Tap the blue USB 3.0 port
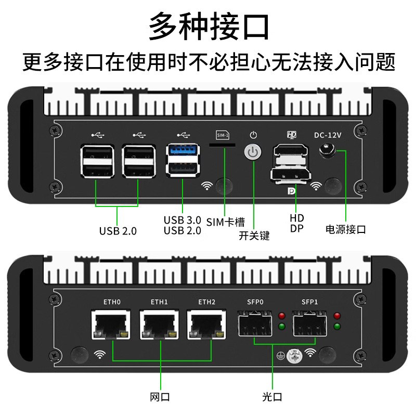tap(182, 151)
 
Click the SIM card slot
tap(223, 146)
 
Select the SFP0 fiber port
tap(254, 325)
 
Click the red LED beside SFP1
tap(337, 316)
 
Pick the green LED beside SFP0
tap(282, 327)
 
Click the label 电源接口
tap(345, 229)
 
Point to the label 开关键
tap(254, 236)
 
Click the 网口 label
tap(160, 397)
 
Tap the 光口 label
tap(272, 397)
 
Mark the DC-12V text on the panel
tap(328, 135)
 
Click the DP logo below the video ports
tap(290, 191)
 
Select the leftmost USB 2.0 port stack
tap(96, 161)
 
